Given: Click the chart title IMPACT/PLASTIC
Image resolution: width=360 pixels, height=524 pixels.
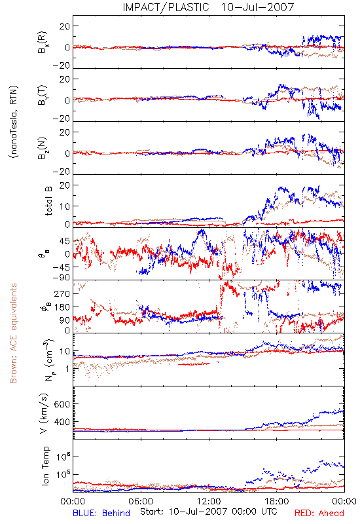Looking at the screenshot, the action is [x=166, y=7].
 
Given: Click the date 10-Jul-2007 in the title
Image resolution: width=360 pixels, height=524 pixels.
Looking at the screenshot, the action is [x=257, y=7].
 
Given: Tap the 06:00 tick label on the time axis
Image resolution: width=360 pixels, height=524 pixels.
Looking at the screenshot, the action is [x=141, y=501].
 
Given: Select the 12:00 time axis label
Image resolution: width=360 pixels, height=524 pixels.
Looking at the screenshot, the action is [x=209, y=501].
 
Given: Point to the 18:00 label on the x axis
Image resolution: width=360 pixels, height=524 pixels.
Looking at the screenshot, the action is [x=277, y=501].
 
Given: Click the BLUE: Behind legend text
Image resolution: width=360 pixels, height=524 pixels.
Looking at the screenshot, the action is [x=101, y=513].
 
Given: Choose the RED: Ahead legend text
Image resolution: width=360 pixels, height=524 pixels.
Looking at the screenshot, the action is [x=319, y=513].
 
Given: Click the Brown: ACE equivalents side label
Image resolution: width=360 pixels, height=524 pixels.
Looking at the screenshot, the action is [x=13, y=333].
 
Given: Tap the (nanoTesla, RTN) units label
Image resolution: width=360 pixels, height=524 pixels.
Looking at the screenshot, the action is [x=14, y=122].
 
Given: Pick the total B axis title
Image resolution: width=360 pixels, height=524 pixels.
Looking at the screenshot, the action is [x=48, y=201].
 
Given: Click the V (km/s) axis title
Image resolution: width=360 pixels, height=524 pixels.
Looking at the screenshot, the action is [x=44, y=413].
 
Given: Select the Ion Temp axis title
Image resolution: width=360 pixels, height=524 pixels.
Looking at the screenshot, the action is [x=45, y=466].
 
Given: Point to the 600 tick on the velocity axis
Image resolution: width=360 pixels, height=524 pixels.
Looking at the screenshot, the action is [x=62, y=404].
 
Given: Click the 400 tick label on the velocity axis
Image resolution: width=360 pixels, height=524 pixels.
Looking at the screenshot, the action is [x=62, y=422].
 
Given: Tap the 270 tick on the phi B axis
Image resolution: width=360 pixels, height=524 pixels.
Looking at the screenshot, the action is [x=62, y=293].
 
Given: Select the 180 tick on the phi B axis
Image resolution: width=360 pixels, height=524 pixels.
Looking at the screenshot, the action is [x=62, y=307].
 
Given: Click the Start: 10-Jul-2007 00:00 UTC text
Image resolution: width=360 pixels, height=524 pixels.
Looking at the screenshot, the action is [x=209, y=512].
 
